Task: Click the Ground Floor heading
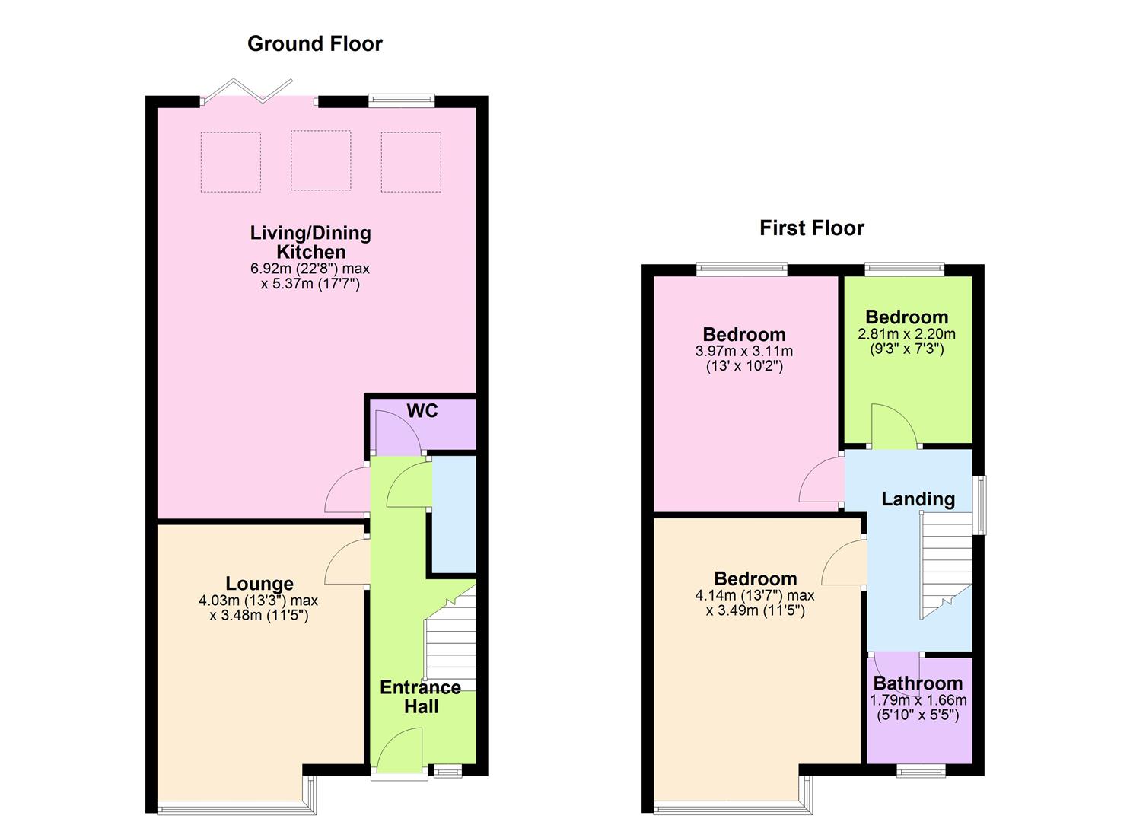[314, 44]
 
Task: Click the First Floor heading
[811, 228]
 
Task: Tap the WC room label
[422, 411]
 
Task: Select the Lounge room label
[259, 584]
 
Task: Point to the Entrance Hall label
[420, 696]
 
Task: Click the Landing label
[918, 499]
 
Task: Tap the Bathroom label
[918, 683]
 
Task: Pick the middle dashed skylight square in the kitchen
[320, 161]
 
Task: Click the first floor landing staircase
[947, 563]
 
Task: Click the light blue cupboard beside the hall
[454, 514]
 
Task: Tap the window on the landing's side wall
[982, 505]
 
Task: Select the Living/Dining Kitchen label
[310, 242]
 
